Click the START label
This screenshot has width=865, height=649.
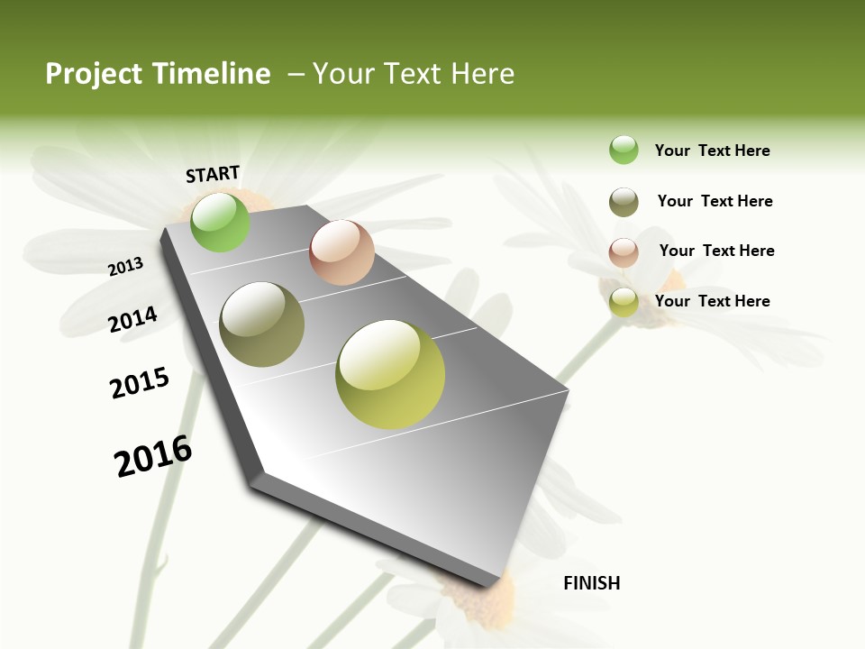[x=213, y=174]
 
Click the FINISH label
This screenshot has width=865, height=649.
[x=591, y=583]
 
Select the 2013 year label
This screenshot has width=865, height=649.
[x=126, y=267]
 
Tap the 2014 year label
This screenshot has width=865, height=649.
[x=133, y=319]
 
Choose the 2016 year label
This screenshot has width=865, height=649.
[x=153, y=456]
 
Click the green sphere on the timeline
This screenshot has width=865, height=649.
[x=221, y=222]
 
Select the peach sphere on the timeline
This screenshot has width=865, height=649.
[x=341, y=252]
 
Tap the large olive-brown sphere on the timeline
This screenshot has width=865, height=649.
[x=262, y=324]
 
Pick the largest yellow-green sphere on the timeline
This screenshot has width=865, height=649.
[x=390, y=374]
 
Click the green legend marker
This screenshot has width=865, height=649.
[x=624, y=151]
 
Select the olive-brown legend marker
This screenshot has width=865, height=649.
[x=624, y=202]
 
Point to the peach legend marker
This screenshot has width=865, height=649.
[x=624, y=252]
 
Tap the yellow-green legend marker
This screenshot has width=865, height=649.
[x=624, y=303]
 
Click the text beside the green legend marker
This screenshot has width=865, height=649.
[x=712, y=151]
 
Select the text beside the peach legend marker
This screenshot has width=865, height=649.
[x=716, y=251]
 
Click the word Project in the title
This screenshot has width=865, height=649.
[x=94, y=75]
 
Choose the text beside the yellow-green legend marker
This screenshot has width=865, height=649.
[x=712, y=301]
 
